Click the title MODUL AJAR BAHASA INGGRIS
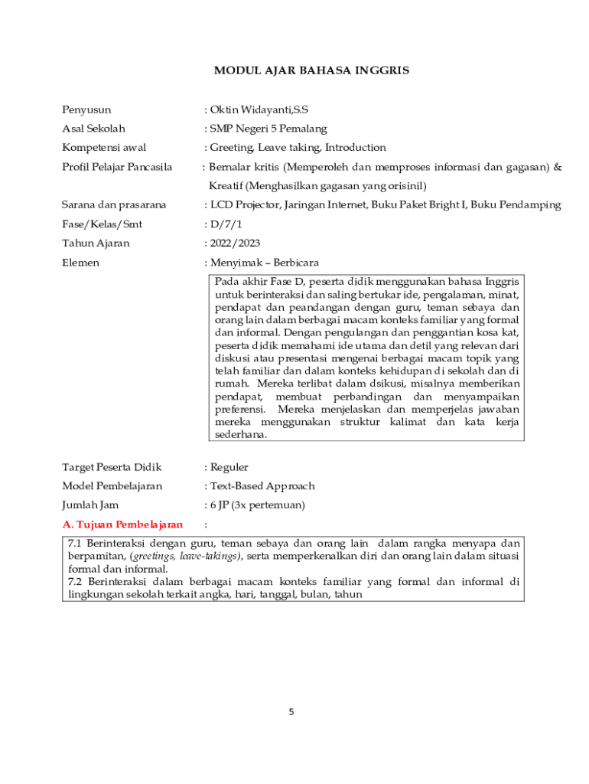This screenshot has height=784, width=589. [x=311, y=70]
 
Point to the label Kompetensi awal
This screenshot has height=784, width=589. [x=104, y=148]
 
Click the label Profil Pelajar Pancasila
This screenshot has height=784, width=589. [x=117, y=167]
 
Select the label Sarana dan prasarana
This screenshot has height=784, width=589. [x=114, y=205]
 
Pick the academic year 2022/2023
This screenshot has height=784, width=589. [x=235, y=243]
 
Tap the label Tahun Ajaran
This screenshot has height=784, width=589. [x=96, y=243]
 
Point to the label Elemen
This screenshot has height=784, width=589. [x=80, y=263]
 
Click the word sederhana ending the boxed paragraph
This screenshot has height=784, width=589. [x=241, y=434]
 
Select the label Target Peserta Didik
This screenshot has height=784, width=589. [x=112, y=467]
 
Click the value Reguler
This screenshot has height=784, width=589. [x=229, y=467]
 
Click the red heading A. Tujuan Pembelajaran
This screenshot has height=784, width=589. [x=122, y=524]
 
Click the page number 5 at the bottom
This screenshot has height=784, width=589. [x=291, y=712]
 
